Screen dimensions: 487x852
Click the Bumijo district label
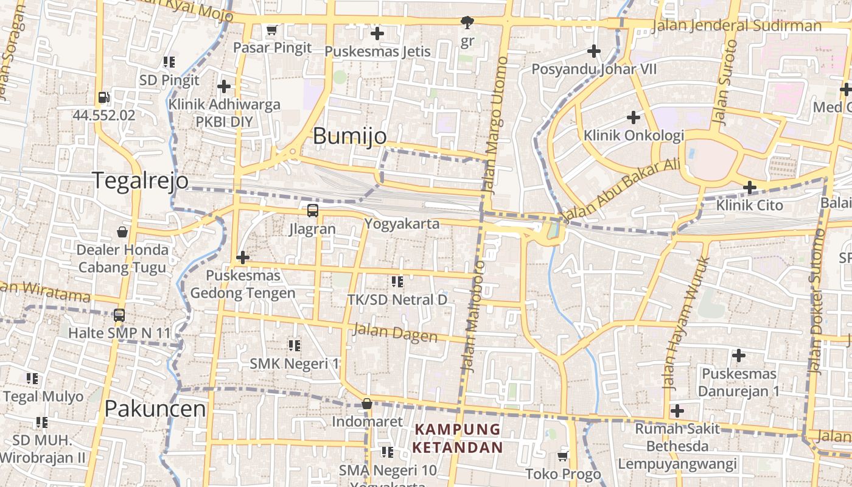(349, 136)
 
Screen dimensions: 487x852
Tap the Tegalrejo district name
(140, 181)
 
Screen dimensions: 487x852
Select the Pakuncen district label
(155, 408)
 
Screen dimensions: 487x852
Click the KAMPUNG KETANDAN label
(458, 438)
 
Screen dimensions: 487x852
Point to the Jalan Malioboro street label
(473, 317)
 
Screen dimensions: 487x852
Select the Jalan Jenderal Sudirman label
(736, 26)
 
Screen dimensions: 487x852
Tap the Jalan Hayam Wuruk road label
(686, 323)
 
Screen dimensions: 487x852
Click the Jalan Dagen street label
(395, 332)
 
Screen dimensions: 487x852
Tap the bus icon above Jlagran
(312, 211)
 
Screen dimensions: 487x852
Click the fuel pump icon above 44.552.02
(103, 97)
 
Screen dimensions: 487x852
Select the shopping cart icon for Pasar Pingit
(272, 30)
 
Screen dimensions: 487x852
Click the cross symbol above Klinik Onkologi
(634, 117)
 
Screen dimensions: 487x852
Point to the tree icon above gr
(467, 23)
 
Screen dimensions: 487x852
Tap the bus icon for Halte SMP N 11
(119, 315)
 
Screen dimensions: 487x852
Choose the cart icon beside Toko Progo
(563, 456)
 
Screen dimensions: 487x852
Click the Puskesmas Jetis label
(377, 52)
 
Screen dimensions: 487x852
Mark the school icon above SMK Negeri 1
(295, 346)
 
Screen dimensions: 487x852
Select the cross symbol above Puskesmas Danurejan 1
(739, 355)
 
